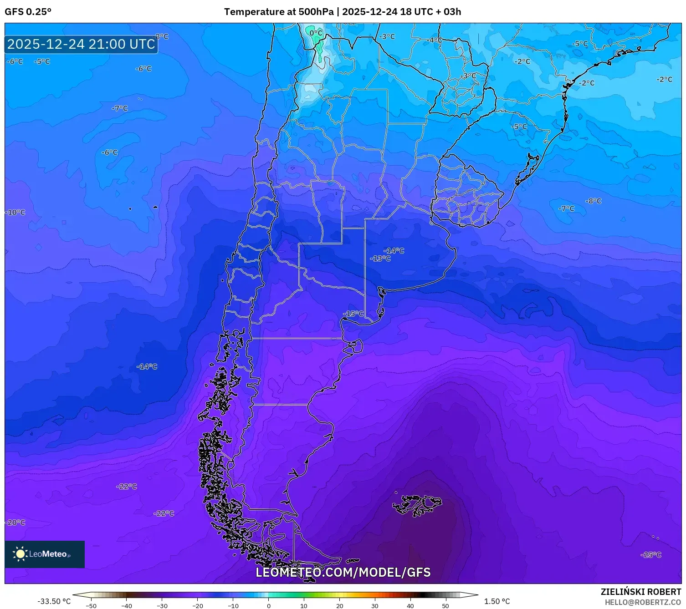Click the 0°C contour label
[316, 33]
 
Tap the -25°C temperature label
[650, 554]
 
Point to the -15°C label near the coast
[353, 314]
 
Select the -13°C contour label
[380, 259]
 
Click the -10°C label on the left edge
[15, 213]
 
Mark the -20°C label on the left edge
[15, 523]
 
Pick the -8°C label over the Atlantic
[593, 201]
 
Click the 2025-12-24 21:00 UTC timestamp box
[81, 44]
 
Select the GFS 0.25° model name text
[28, 12]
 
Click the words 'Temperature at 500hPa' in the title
[278, 12]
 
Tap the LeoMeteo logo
[45, 554]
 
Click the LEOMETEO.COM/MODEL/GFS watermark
[343, 572]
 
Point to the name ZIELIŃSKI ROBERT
[640, 592]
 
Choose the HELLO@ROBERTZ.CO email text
[642, 602]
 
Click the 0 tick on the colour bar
[268, 605]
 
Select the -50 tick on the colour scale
[91, 605]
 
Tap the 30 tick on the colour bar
[374, 605]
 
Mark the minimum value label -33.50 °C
[54, 601]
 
